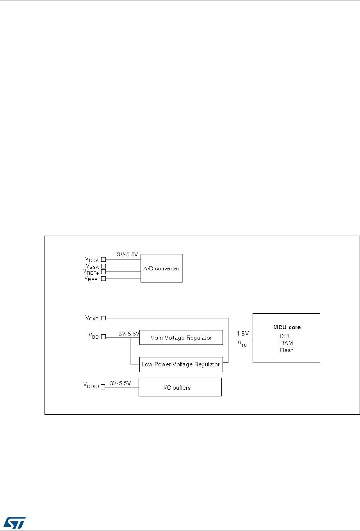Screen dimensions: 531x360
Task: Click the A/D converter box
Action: (161, 268)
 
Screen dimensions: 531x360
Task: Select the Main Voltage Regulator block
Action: (181, 338)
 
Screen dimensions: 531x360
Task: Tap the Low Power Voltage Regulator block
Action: (181, 364)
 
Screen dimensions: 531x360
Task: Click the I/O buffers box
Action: (180, 387)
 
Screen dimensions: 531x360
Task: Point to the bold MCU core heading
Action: (287, 327)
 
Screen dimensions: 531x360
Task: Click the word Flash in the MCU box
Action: (287, 350)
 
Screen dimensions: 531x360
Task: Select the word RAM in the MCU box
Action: (287, 343)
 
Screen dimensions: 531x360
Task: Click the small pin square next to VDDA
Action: (103, 259)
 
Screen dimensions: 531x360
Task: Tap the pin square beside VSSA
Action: (103, 266)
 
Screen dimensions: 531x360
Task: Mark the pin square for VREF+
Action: (103, 272)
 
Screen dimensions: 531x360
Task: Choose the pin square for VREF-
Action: (103, 279)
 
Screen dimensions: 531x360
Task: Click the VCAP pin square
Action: (103, 318)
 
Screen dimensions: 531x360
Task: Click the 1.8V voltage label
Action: (243, 334)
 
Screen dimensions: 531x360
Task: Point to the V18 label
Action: (242, 345)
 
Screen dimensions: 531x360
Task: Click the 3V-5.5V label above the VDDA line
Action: (127, 254)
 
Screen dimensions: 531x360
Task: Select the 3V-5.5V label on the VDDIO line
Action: (120, 383)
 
